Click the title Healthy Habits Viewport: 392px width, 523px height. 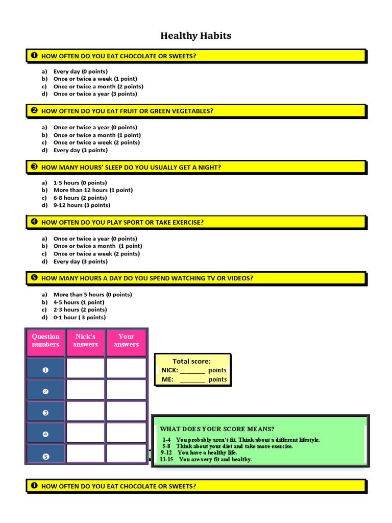point(195,35)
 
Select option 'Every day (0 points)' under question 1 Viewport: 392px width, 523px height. point(80,72)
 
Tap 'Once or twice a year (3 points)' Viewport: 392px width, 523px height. point(95,94)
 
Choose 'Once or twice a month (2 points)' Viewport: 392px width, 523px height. point(99,86)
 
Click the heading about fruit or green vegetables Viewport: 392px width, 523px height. point(127,111)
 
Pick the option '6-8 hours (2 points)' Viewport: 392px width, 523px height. point(80,198)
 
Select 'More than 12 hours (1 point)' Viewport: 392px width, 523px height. point(93,190)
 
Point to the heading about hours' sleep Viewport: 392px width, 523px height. point(131,168)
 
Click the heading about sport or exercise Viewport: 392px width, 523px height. point(122,223)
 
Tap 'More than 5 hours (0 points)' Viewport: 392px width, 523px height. point(93,295)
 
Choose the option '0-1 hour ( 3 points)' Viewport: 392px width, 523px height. point(79,318)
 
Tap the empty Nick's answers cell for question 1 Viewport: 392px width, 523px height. point(85,368)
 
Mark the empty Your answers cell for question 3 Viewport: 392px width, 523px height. point(127,411)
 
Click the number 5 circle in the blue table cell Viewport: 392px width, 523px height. point(45,456)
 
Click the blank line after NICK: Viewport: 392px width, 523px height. point(192,373)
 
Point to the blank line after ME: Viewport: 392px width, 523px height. point(192,382)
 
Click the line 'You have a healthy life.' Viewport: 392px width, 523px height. point(207,453)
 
